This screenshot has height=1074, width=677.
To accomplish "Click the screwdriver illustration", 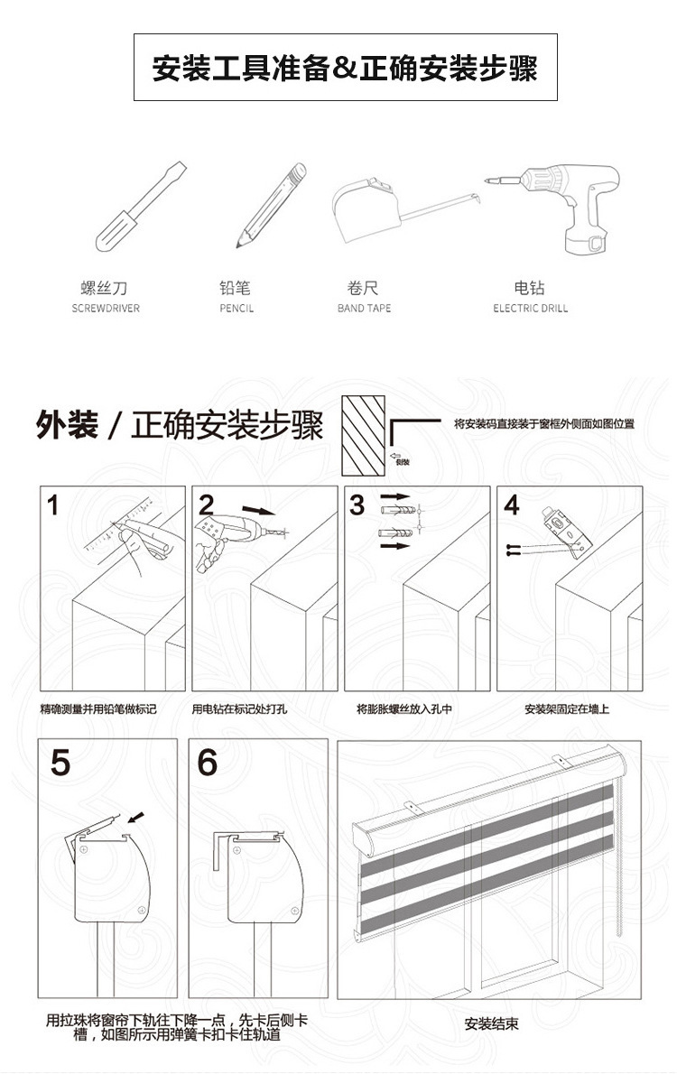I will point(141,208).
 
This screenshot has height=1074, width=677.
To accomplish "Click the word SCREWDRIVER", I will point(106,309).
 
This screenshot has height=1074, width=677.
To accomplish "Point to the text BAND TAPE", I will point(364,309).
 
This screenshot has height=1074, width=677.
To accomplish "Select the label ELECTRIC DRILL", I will point(530,309).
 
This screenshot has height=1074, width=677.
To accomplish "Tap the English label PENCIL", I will point(236,309).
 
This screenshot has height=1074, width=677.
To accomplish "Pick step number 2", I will point(207,505).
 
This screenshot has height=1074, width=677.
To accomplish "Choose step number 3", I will point(357,505).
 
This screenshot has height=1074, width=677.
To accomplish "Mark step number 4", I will point(512,505).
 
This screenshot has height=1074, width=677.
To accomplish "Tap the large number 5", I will point(60,763).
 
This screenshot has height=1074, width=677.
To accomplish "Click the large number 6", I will point(208,763).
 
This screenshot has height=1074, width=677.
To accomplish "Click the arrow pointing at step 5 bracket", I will point(134,818).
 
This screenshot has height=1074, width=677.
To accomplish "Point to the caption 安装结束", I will point(491,1024).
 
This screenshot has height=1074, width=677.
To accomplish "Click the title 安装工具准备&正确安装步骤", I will point(345,69).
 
